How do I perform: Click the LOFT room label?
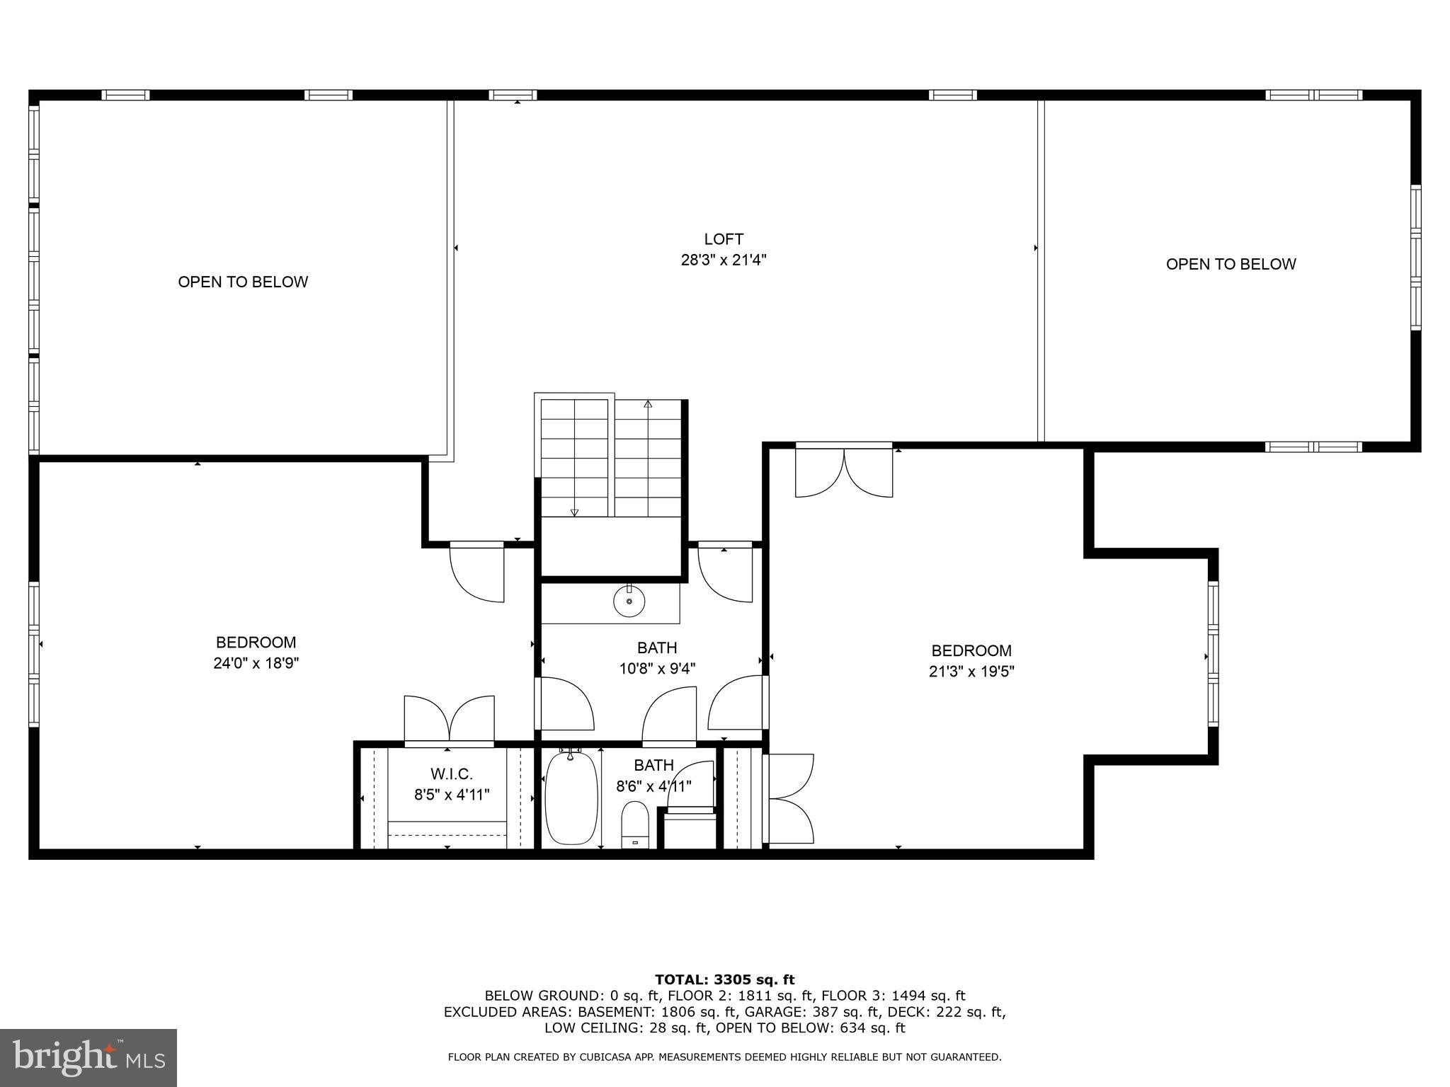724,239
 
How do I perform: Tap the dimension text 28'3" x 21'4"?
724,260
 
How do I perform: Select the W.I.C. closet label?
451,774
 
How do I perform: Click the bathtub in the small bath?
571,798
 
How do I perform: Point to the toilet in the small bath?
635,823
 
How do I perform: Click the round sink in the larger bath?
629,602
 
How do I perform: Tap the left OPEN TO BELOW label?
243,282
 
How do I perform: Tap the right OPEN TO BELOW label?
1231,264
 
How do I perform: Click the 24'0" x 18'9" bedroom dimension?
256,664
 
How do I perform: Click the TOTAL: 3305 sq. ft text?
724,979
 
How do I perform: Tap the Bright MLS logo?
89,1057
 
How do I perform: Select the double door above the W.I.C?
449,718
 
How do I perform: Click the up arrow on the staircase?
647,405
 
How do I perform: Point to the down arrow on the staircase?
574,512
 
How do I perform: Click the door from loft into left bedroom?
477,571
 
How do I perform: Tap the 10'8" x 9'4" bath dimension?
657,669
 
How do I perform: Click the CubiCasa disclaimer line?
724,1057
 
